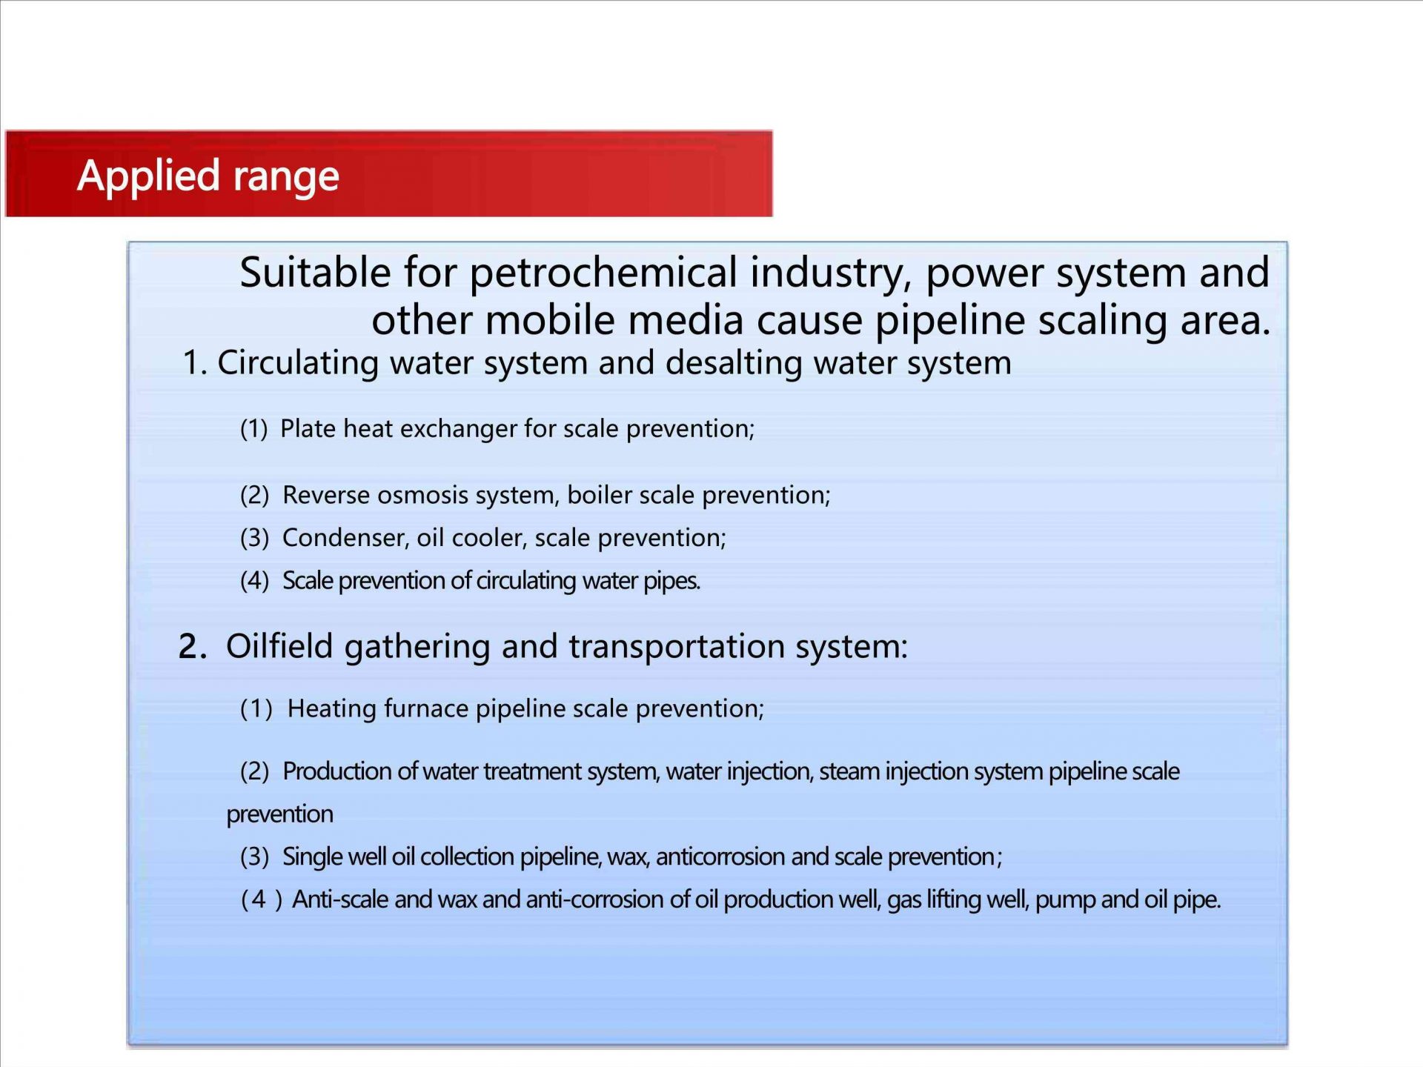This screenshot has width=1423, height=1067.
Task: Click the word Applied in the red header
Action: (148, 176)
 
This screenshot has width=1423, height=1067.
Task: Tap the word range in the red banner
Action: (286, 178)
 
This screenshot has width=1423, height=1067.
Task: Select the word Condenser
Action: (344, 538)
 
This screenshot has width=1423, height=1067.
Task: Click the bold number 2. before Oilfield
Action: (193, 647)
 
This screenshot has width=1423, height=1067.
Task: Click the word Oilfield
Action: (279, 646)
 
